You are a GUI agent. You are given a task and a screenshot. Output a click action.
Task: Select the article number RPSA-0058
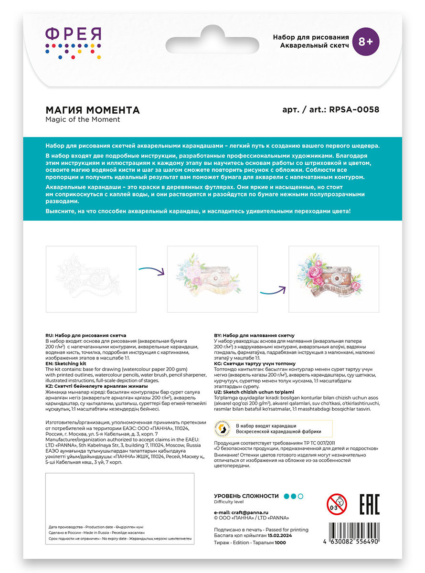pyautogui.click(x=354, y=110)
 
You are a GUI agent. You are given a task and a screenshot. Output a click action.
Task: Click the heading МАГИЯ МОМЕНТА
pyautogui.click(x=92, y=110)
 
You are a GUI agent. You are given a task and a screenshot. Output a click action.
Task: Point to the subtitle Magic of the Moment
pyautogui.click(x=83, y=119)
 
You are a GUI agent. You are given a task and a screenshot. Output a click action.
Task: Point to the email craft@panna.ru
pyautogui.click(x=248, y=512)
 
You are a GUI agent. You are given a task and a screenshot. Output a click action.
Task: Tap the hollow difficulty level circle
pyautogui.click(x=301, y=496)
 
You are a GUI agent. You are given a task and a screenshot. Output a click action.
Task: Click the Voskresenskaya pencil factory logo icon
pyautogui.click(x=224, y=428)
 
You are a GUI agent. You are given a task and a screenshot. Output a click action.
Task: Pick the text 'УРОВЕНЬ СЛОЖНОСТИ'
pyautogui.click(x=246, y=496)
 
